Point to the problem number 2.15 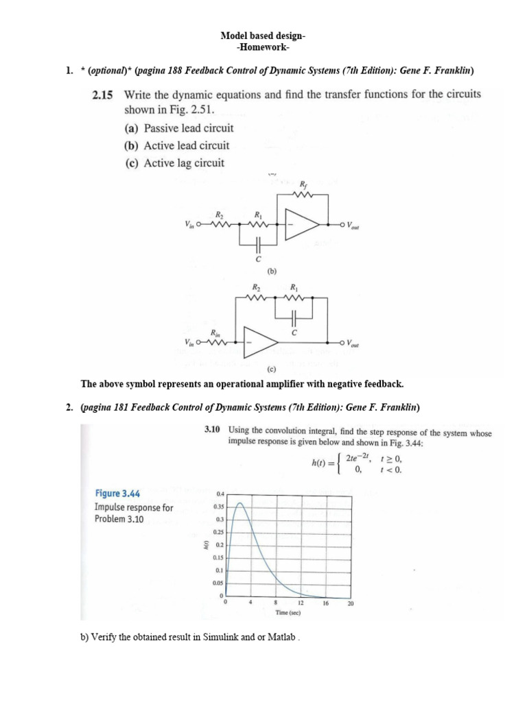pyautogui.click(x=103, y=95)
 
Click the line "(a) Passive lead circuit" pyautogui.click(x=178, y=128)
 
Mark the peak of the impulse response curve pyautogui.click(x=239, y=503)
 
